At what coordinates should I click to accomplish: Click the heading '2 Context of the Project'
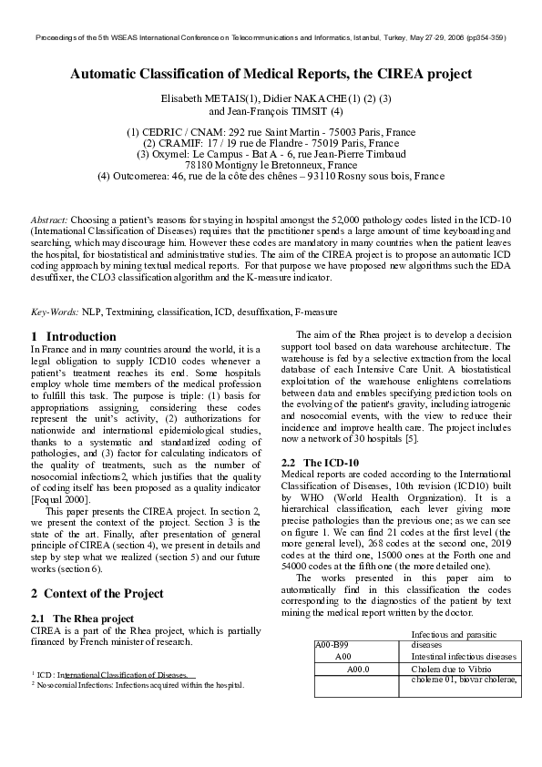point(97,593)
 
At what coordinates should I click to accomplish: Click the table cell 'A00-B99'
point(331,643)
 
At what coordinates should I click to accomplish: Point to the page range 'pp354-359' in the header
point(486,38)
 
